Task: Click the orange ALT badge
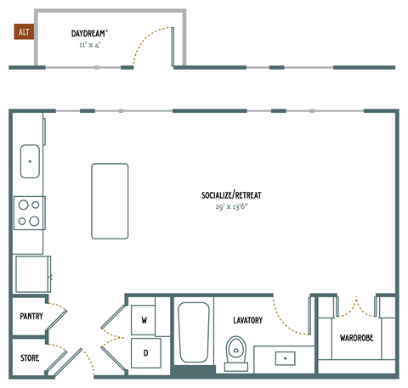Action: click(22, 33)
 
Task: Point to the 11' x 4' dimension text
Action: click(88, 43)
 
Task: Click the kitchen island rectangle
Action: click(110, 201)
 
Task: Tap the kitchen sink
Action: click(30, 160)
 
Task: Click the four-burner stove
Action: click(30, 212)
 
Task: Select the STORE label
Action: click(31, 356)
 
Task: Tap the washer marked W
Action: click(144, 320)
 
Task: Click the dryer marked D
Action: click(144, 351)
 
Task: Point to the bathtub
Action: click(194, 334)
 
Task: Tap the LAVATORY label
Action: click(248, 320)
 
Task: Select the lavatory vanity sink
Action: click(285, 358)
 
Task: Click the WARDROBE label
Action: click(355, 338)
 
